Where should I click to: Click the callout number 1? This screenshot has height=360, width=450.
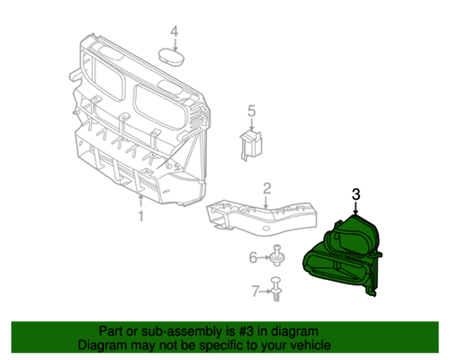[x=140, y=216]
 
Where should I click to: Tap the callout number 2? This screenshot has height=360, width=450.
[x=266, y=188]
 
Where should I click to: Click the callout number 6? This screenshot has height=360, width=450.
[x=254, y=258]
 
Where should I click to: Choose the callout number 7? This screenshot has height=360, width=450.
[x=255, y=290]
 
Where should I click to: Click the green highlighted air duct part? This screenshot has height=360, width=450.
[x=346, y=256]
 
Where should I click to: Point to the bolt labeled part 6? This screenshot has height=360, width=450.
[x=274, y=258]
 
